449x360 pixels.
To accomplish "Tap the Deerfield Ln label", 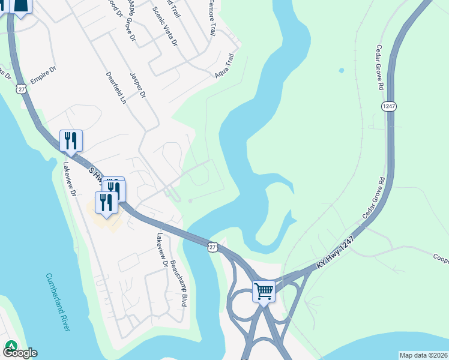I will click(116, 89).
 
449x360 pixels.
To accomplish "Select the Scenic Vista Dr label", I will click(165, 27).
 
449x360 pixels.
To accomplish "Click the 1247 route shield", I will click(388, 106).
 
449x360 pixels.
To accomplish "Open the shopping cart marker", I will click(264, 292).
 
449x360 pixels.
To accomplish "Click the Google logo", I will click(20, 353).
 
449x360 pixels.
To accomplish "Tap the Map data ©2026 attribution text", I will click(423, 355).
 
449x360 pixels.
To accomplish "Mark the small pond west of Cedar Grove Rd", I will click(342, 71).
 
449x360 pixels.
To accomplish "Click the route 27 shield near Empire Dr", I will click(22, 88).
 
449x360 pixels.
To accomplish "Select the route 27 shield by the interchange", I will click(212, 247).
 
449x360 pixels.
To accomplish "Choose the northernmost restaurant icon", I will click(71, 141).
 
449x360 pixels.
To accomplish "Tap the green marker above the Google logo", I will click(11, 346).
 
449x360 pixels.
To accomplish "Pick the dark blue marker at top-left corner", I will click(21, 6).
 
